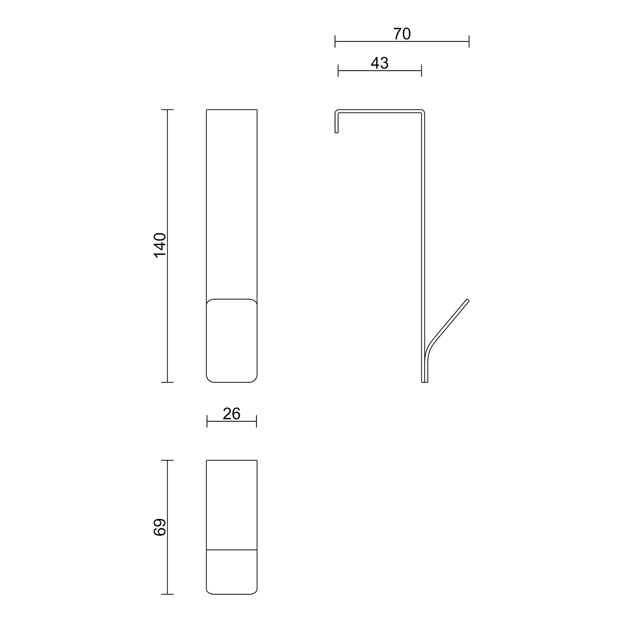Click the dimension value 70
pos(402,34)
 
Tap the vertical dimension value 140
pos(160,245)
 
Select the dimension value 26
pos(231,414)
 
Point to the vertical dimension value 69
pos(160,527)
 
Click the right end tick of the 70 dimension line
pos(469,41)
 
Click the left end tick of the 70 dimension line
pos(335,41)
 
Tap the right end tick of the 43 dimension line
pos(421,71)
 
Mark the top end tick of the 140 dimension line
pos(167,110)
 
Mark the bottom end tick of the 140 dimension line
pos(167,382)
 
